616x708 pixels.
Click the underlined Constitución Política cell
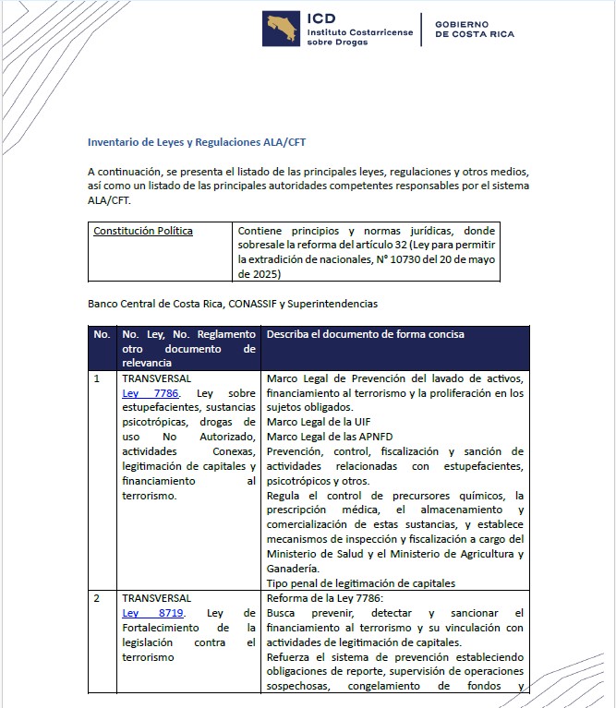[143, 231]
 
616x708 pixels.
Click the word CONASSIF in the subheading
[255, 303]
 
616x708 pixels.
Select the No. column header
[102, 333]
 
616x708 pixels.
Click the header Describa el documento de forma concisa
[365, 333]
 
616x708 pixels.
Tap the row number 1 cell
[98, 378]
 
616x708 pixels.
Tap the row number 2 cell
[98, 598]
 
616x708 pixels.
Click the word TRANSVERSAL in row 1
[157, 378]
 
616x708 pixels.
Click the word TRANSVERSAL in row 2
[157, 598]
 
